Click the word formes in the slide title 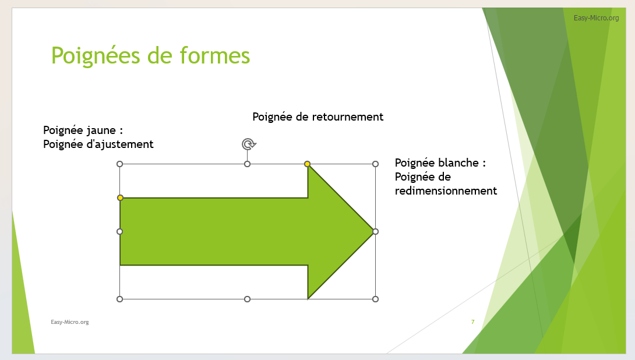pyautogui.click(x=214, y=55)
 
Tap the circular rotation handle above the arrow pyautogui.click(x=249, y=144)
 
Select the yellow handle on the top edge pyautogui.click(x=308, y=164)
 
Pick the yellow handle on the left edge pyautogui.click(x=120, y=197)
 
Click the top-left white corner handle pyautogui.click(x=119, y=164)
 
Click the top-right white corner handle pyautogui.click(x=375, y=164)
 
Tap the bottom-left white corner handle pyautogui.click(x=119, y=299)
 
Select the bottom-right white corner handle pyautogui.click(x=375, y=299)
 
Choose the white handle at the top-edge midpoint pyautogui.click(x=248, y=164)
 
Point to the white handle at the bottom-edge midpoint pyautogui.click(x=248, y=299)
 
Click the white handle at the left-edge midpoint pyautogui.click(x=119, y=232)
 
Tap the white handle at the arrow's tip pyautogui.click(x=375, y=232)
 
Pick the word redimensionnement pyautogui.click(x=446, y=190)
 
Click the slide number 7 pyautogui.click(x=472, y=322)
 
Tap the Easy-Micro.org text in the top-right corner pyautogui.click(x=596, y=18)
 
